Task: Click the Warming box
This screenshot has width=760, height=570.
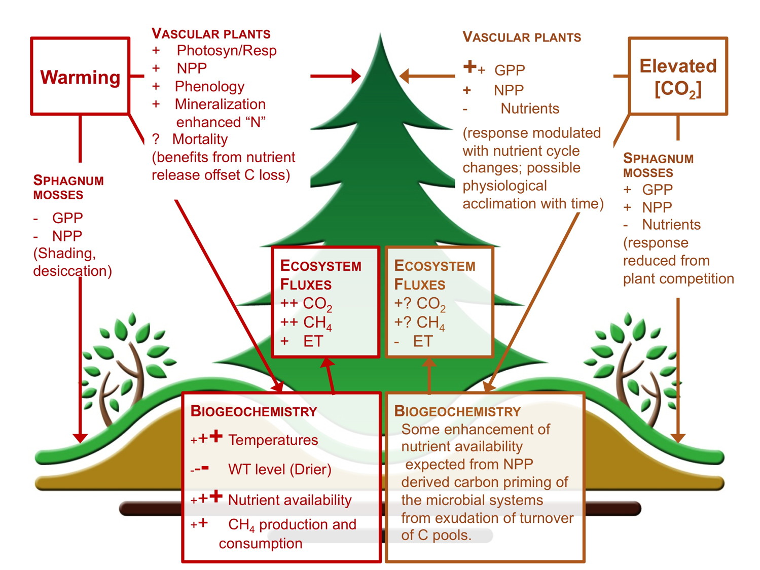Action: point(80,76)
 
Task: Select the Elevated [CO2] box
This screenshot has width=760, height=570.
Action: point(678,76)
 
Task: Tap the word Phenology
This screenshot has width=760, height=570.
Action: point(209,86)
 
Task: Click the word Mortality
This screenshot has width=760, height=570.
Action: point(200,139)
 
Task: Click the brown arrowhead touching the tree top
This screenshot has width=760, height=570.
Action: point(405,76)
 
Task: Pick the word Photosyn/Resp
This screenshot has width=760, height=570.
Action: point(227,51)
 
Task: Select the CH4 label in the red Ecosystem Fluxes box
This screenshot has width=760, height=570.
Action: point(317,323)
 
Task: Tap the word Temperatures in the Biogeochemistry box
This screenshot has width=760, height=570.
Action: point(273,440)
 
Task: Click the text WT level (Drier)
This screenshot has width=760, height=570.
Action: point(279,469)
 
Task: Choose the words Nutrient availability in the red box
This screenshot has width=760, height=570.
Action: point(289,500)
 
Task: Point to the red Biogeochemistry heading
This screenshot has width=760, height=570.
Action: point(254,411)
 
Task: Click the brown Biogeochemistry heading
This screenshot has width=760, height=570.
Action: point(457,411)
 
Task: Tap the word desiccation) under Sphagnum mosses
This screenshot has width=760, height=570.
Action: point(73,271)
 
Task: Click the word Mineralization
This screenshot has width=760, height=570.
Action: point(220,104)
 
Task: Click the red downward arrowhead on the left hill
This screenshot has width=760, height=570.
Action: point(80,438)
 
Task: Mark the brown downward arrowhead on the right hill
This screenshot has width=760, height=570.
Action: point(678,438)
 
